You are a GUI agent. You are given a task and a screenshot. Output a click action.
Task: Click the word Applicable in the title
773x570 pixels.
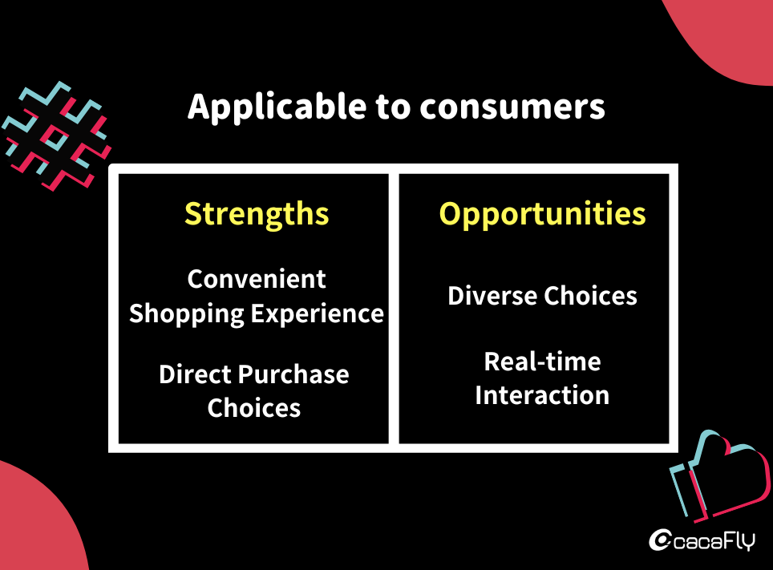(277, 107)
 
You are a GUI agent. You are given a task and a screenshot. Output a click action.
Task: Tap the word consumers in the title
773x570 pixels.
(512, 107)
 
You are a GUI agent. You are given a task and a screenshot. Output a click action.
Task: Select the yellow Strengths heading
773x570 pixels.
(257, 215)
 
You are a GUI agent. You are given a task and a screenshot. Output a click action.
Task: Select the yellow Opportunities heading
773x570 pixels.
(542, 215)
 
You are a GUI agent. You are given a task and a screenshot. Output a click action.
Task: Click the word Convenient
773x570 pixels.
(257, 279)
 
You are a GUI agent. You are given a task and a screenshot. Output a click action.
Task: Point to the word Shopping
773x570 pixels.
(186, 314)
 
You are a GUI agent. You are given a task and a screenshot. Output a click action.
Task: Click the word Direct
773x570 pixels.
(195, 374)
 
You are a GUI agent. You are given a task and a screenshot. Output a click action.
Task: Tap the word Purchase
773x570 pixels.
(293, 374)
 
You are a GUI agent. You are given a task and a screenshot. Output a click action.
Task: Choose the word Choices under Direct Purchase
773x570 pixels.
(254, 408)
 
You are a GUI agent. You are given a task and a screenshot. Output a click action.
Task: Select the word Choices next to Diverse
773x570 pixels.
(590, 296)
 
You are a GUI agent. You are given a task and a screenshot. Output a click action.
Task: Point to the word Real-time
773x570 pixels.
(542, 362)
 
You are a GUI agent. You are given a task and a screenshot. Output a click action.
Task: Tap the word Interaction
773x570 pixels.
(542, 395)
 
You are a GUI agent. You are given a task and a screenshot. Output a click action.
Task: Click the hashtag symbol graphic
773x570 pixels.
(56, 136)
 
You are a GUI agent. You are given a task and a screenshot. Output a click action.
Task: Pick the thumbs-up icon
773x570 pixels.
(720, 476)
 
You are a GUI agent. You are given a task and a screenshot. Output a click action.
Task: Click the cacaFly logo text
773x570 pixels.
(714, 541)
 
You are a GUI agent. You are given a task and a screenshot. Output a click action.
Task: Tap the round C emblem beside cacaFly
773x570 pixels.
(660, 540)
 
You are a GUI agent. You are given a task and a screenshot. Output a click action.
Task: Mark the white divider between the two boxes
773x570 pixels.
(394, 308)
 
